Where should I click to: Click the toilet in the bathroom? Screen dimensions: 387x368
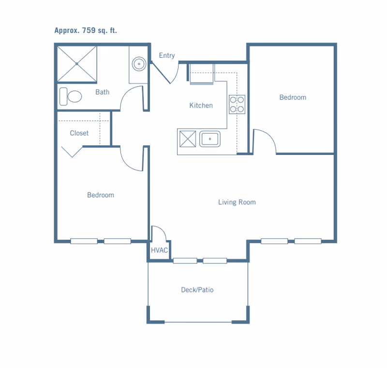(71, 96)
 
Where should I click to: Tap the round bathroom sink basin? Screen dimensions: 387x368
(139, 64)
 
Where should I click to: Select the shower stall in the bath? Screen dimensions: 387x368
(77, 64)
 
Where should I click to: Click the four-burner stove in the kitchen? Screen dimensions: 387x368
(237, 104)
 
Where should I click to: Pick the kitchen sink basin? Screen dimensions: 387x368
(210, 139)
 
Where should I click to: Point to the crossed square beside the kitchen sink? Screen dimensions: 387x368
(188, 139)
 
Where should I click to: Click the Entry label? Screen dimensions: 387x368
(167, 55)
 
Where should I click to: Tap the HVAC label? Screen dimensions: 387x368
(159, 250)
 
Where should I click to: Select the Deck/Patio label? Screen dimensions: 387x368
(197, 290)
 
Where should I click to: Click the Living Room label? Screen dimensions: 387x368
(237, 202)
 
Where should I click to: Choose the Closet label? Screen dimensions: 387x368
(79, 133)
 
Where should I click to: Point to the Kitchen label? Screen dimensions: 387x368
(201, 106)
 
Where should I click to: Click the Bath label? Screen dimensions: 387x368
(103, 92)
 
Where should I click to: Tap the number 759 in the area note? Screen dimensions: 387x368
(89, 30)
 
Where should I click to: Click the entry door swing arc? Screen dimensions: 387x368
(175, 75)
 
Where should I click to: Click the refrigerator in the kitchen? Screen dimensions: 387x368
(201, 74)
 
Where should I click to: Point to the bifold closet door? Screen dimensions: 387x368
(72, 152)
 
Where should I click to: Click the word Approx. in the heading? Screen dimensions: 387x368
(67, 31)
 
